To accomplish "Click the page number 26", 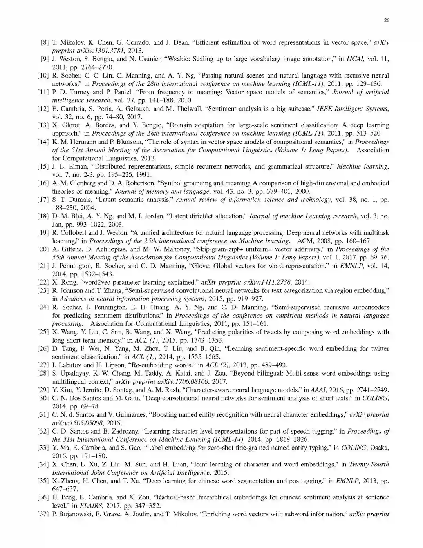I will pyautogui.click(x=386, y=20).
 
